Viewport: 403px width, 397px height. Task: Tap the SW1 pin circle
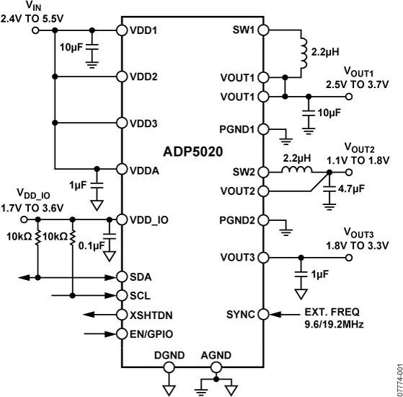click(x=263, y=30)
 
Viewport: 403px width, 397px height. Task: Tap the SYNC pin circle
click(x=263, y=314)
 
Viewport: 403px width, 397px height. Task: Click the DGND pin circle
click(x=169, y=367)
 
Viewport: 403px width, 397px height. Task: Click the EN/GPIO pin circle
click(x=120, y=333)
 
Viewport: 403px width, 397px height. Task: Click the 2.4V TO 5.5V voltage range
click(x=32, y=17)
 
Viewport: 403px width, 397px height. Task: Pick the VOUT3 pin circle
click(x=263, y=257)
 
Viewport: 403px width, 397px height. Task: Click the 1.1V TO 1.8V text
click(x=364, y=160)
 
